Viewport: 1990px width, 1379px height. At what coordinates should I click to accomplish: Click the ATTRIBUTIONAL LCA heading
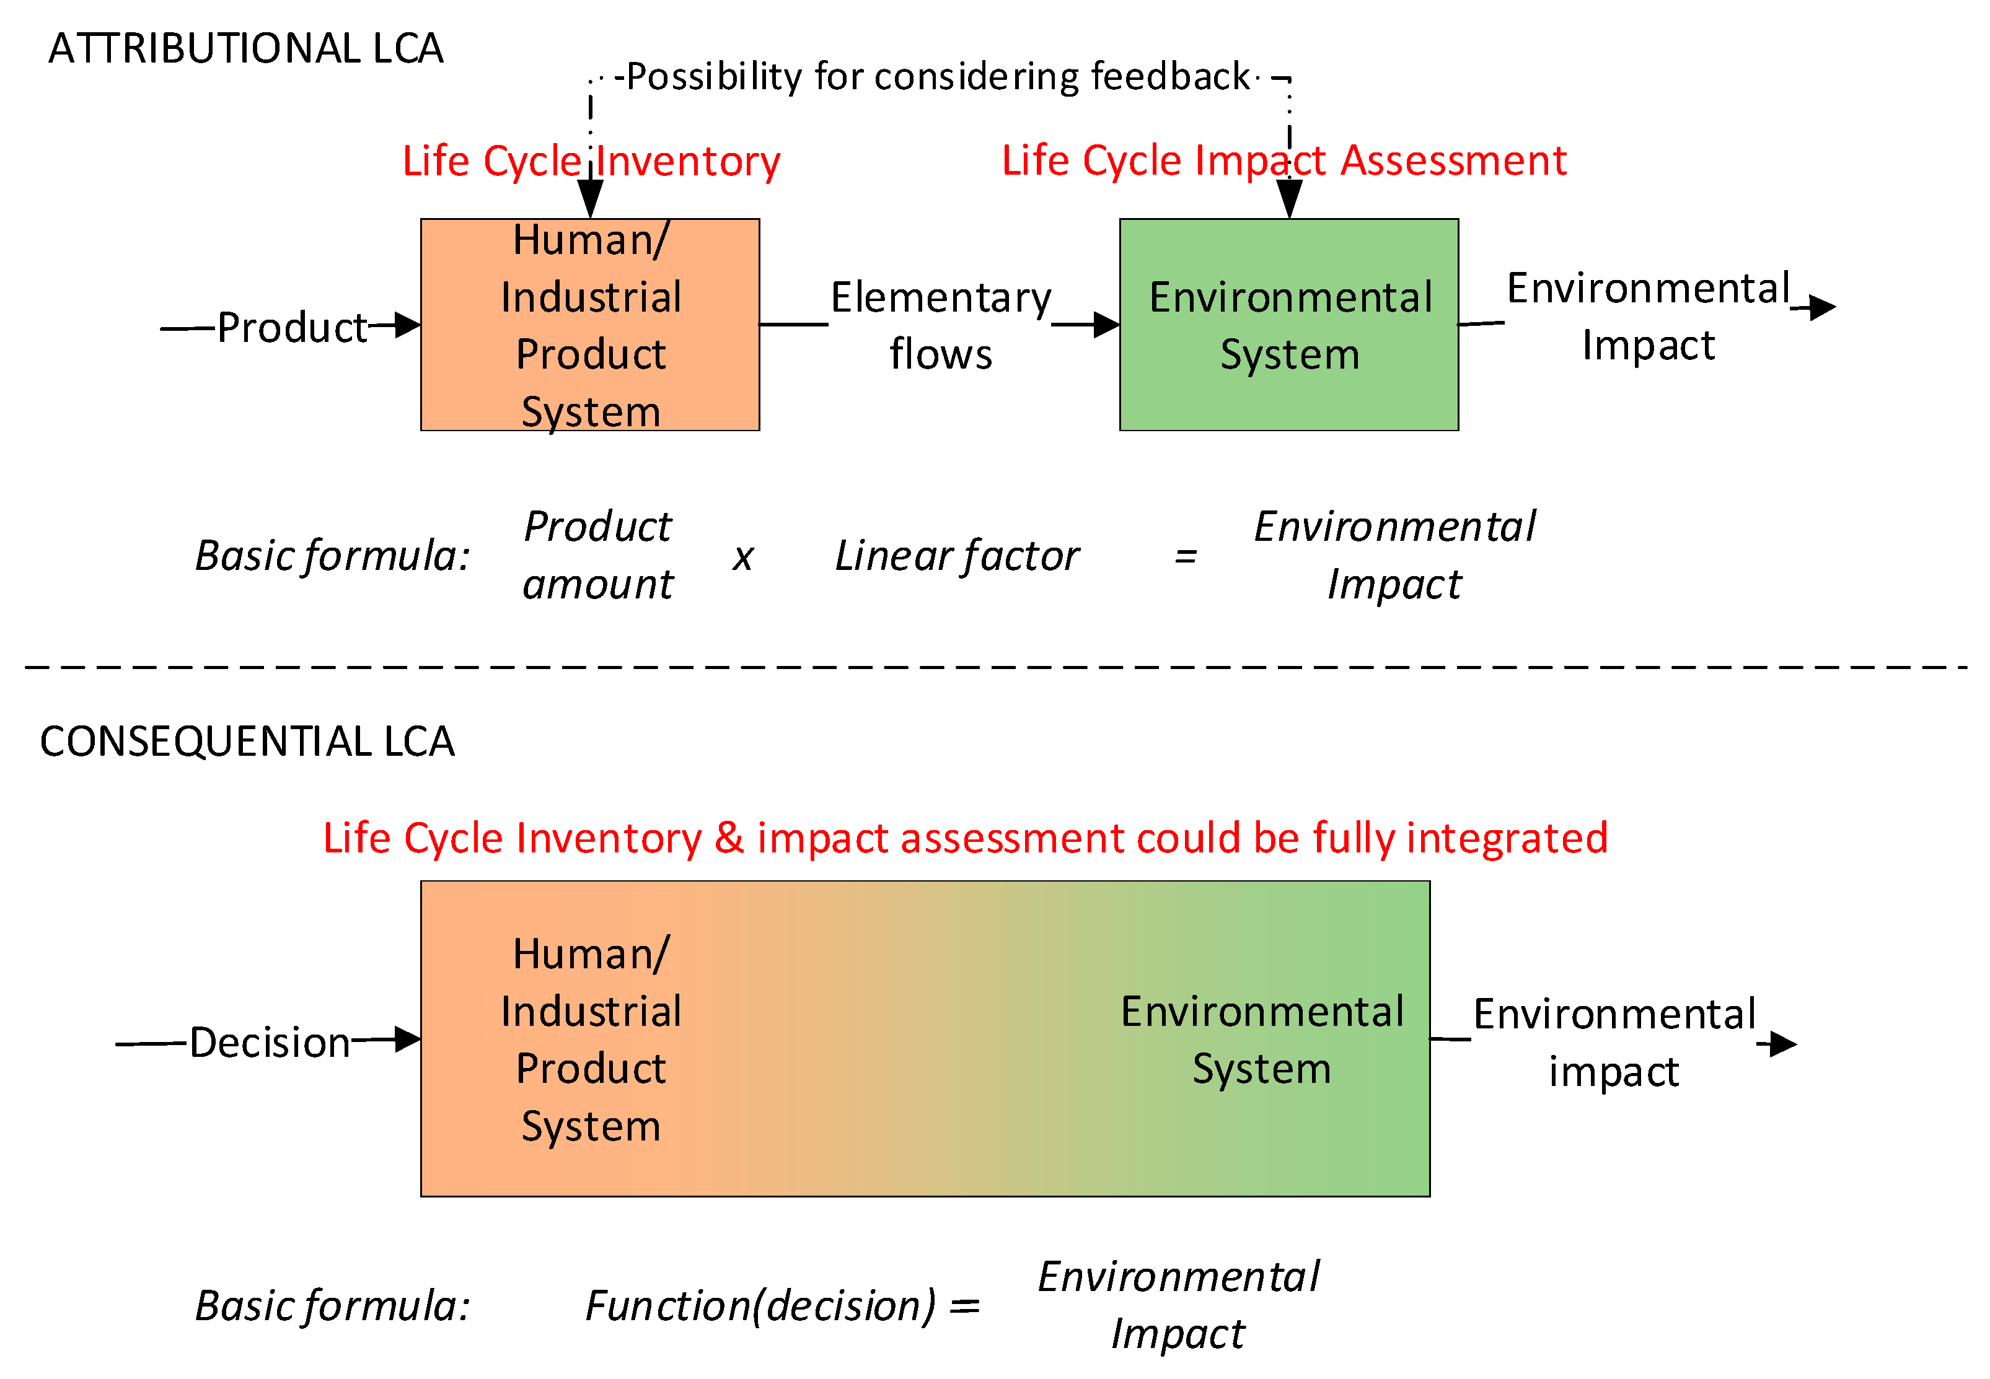coord(245,48)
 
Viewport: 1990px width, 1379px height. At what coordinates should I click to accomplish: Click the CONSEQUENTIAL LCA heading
coord(247,742)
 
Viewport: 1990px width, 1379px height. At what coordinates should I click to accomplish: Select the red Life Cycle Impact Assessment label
coord(1283,160)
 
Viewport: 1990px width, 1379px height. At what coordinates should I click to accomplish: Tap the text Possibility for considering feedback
coord(937,77)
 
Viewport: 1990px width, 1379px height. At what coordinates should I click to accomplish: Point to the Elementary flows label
coord(941,326)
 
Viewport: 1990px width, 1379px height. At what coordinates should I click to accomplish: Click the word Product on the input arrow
coord(292,328)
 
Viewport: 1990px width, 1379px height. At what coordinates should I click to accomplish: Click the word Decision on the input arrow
coord(270,1043)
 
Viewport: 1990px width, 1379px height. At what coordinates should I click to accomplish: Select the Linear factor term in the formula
coord(956,556)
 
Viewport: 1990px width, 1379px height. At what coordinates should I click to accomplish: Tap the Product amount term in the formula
coord(597,556)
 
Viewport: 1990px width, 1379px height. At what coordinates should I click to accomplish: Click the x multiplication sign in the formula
coord(742,558)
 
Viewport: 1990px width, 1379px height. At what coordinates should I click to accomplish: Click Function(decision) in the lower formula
coord(760,1305)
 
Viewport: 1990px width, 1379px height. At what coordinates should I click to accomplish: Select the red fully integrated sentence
coord(965,838)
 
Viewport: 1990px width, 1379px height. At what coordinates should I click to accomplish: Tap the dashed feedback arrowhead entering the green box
coord(1289,201)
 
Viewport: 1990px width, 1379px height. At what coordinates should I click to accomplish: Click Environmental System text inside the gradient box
coord(1261,1040)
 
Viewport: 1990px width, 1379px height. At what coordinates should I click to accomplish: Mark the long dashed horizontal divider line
coord(994,667)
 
